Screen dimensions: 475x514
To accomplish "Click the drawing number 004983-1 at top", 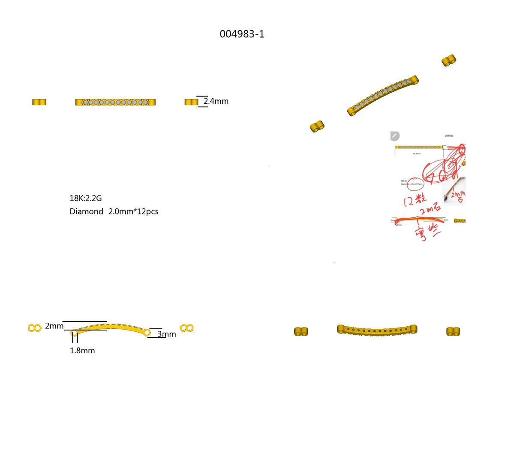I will pos(242,34).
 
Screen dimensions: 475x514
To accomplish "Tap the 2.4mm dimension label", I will pos(216,101).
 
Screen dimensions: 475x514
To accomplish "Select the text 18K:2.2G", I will pos(86,198).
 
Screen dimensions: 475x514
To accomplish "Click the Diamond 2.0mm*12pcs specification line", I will pos(114,211).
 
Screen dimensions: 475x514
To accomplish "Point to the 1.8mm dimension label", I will pos(82,351).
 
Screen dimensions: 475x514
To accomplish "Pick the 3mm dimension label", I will pos(167,334).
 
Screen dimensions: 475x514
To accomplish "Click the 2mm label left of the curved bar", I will pos(54,326).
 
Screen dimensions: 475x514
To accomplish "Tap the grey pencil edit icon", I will pos(395,136).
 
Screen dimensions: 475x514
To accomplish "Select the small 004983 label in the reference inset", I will pos(449,135).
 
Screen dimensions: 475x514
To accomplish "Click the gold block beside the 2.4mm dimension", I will pos(191,102).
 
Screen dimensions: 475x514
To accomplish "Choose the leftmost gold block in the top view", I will pos(39,102).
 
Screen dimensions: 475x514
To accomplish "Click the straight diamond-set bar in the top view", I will pos(115,102).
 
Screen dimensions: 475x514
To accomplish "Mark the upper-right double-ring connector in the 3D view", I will pos(449,60).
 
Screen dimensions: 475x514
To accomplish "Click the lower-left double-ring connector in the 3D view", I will pos(317,126).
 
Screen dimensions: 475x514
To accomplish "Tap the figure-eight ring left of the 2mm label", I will pos(35,328).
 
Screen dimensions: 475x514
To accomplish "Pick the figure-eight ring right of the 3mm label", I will pos(186,328).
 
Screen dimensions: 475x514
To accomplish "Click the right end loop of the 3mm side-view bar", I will pos(147,332).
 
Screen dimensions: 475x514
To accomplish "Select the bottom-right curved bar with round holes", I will pos(377,330).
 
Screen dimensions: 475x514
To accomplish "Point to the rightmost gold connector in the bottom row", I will pos(453,331).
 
